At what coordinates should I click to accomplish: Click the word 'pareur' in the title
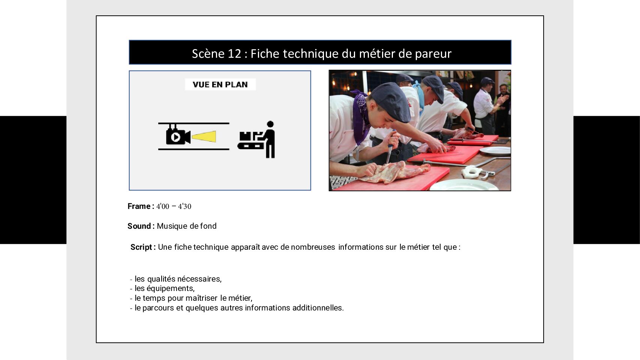click(433, 54)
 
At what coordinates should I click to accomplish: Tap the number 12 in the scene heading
click(234, 54)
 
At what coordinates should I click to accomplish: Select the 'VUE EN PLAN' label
click(220, 85)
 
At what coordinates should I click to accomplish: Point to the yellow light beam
click(204, 136)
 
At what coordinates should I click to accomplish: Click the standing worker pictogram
click(270, 139)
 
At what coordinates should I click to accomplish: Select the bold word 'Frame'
click(139, 206)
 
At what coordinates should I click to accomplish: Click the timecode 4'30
click(184, 206)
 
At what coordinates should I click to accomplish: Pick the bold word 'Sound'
click(139, 226)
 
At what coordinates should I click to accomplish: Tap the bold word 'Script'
click(141, 247)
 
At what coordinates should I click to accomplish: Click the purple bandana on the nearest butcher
click(361, 114)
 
